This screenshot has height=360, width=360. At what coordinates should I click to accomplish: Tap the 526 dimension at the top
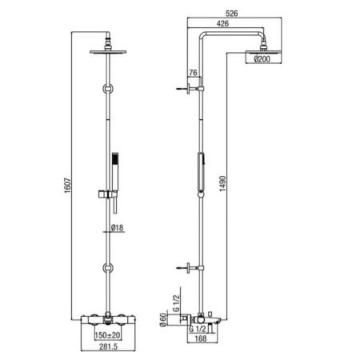(231, 14)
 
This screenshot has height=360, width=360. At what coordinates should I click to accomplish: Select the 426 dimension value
(222, 23)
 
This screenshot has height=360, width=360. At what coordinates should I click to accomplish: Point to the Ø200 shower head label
(262, 59)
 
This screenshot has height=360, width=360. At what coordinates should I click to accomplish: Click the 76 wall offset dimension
(193, 73)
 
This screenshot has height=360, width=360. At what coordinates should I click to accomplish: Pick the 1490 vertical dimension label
(222, 183)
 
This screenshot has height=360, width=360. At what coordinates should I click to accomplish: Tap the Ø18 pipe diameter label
(117, 228)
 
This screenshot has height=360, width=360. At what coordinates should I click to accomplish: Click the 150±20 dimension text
(107, 335)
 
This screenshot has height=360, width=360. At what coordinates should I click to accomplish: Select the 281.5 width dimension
(108, 346)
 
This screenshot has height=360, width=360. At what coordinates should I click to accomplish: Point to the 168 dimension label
(201, 338)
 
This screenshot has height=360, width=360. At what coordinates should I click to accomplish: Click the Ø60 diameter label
(162, 319)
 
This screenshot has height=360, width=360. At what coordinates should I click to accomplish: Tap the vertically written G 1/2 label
(177, 302)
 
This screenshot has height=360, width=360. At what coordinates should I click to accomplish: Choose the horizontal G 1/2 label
(198, 329)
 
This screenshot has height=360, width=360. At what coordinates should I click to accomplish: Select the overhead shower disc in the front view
(108, 52)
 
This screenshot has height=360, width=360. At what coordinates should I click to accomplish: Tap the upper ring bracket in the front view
(108, 89)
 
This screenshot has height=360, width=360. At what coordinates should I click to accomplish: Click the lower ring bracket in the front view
(108, 268)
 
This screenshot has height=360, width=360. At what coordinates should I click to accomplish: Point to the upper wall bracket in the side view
(190, 89)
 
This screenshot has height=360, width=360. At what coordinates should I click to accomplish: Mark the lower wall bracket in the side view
(190, 268)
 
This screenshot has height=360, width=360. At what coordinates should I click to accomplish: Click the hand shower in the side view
(201, 174)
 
